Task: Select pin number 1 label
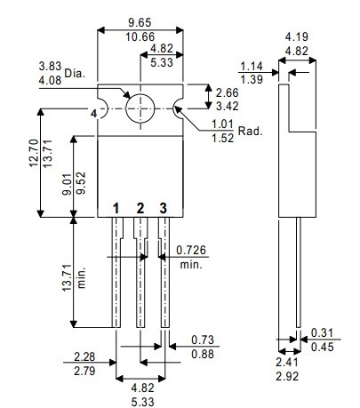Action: coord(116,208)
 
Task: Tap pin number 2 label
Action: coord(140,208)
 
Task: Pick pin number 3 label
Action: coord(164,208)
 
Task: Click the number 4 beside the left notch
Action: coord(93,114)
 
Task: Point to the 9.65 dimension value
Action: coord(140,22)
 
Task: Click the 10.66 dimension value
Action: coord(140,37)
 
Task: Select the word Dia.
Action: coord(75,73)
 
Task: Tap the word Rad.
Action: coord(251,131)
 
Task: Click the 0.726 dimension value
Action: coord(191,250)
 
